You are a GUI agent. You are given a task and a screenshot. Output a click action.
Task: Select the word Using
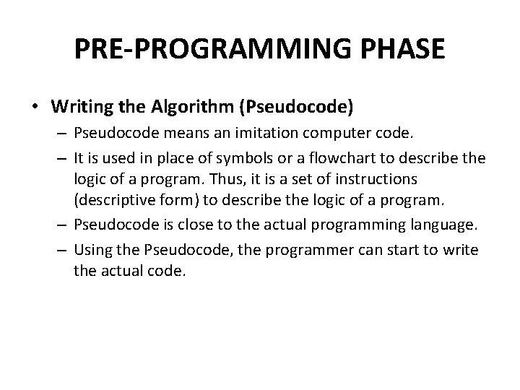(92, 250)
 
